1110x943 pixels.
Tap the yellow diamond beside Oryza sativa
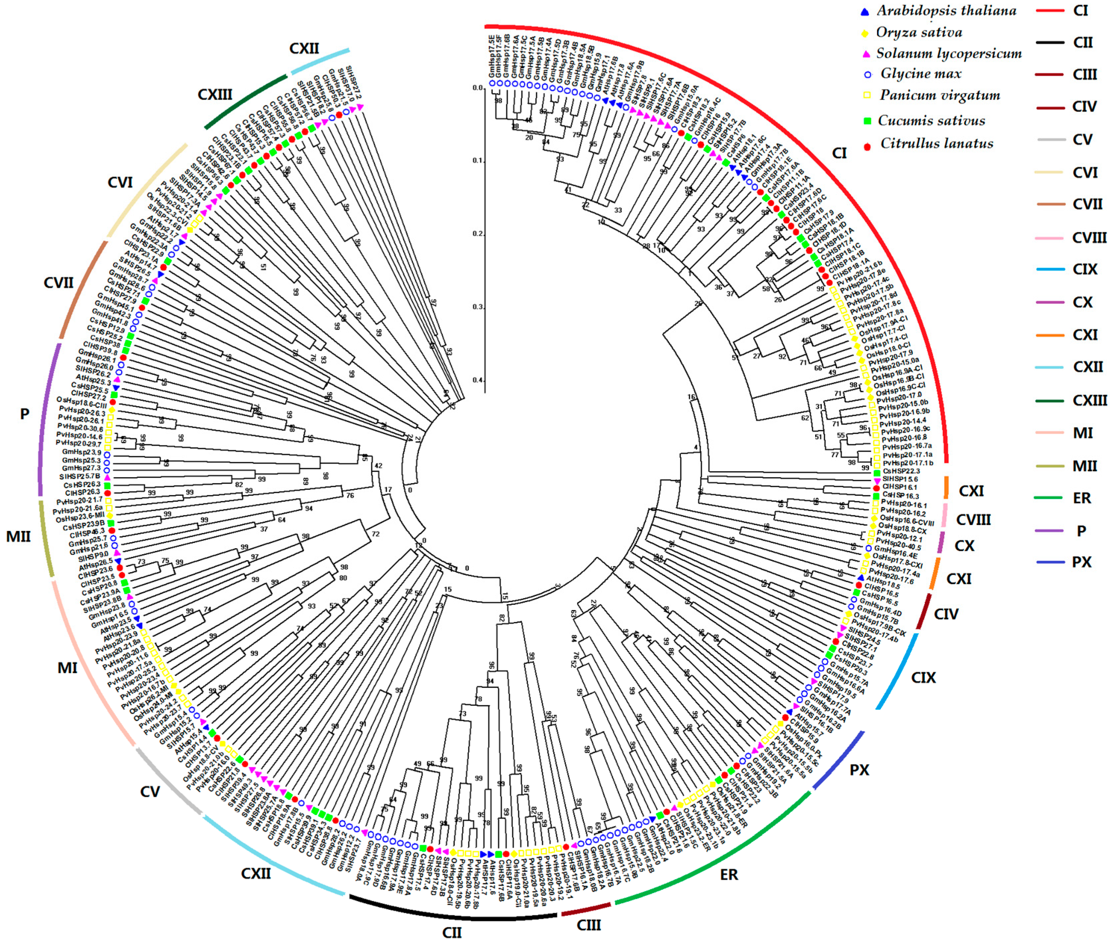(865, 33)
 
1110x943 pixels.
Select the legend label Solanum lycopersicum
(948, 53)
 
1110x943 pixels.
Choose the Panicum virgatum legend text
(940, 96)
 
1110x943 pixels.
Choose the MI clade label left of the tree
(67, 668)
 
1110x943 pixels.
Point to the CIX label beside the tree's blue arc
(924, 678)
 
